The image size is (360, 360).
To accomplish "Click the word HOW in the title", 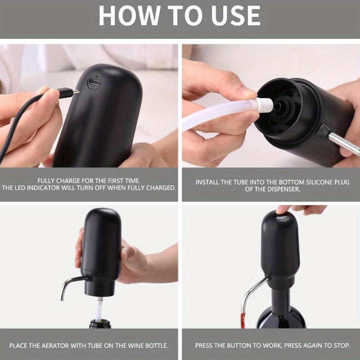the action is tap(129, 15).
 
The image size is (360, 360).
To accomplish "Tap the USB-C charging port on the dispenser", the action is tap(94, 82).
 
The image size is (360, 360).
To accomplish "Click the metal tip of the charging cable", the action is tap(76, 92).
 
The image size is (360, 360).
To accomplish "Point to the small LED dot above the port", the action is tap(96, 76).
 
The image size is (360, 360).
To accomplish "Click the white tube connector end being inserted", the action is tap(264, 105).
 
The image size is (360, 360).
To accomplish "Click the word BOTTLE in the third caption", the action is tap(155, 346).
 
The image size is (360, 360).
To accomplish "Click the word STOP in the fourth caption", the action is tap(342, 346).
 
